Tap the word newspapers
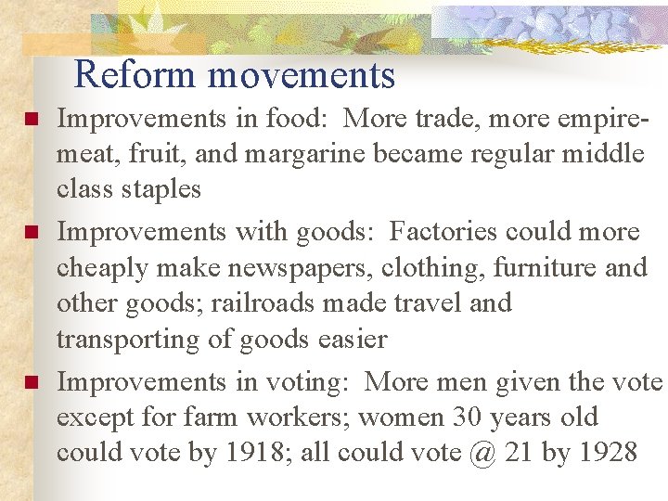tap(289, 268)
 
